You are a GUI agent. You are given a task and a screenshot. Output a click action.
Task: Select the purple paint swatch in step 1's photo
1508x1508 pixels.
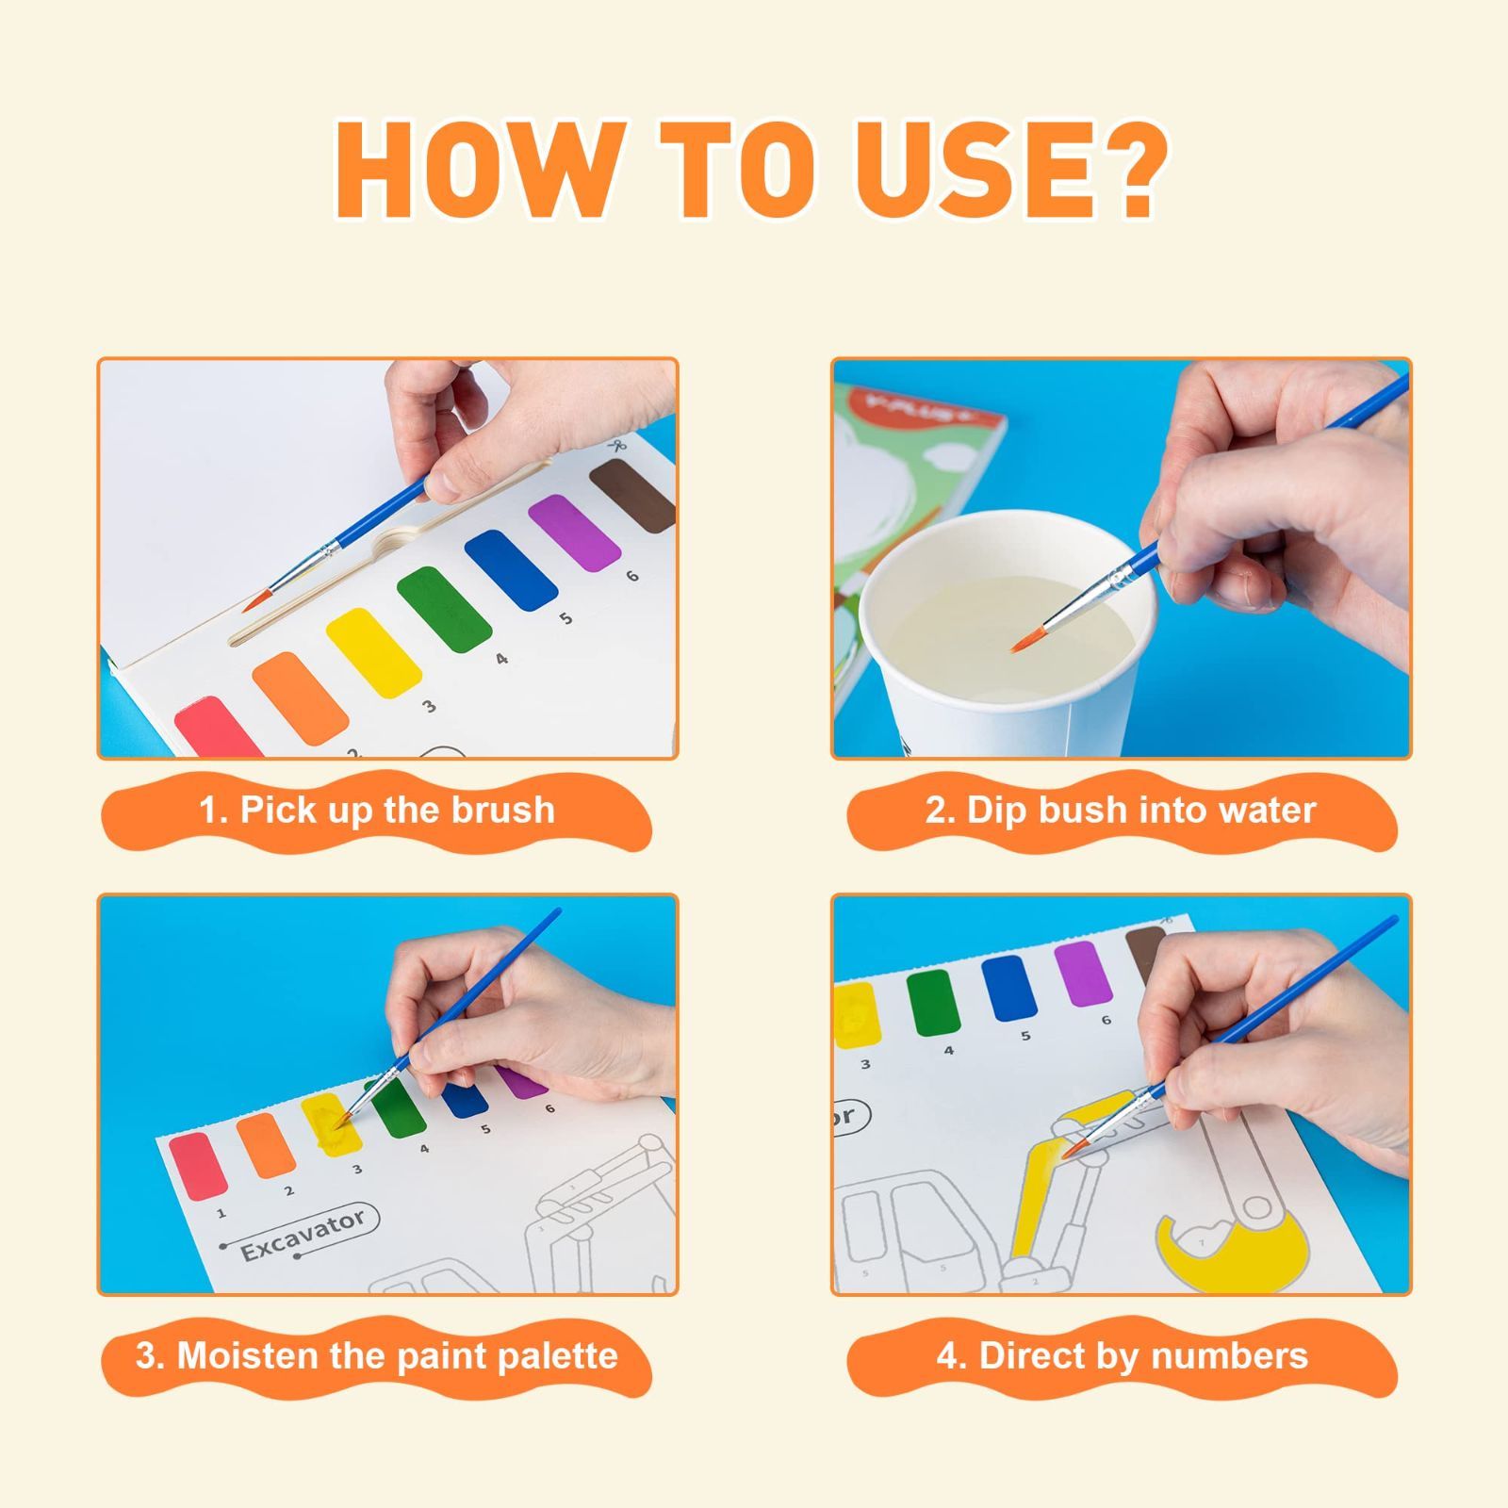pos(573,533)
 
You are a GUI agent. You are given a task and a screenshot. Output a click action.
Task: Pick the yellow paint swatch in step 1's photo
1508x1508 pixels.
pos(374,652)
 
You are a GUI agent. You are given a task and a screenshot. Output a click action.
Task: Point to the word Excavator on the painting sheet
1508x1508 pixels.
pos(302,1237)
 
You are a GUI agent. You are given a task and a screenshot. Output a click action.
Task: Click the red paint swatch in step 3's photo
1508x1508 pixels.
pos(198,1167)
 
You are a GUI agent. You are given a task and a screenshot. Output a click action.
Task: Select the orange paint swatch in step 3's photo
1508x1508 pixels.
pos(266,1144)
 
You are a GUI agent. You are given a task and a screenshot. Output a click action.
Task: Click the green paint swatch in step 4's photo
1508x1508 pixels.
pos(933,1003)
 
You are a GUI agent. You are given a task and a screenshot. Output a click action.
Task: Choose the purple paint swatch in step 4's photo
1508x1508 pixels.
pos(1079,973)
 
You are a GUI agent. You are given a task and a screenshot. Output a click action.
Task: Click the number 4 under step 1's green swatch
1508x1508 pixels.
pos(501,659)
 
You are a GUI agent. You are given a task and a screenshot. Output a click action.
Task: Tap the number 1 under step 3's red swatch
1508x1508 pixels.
pos(221,1213)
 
